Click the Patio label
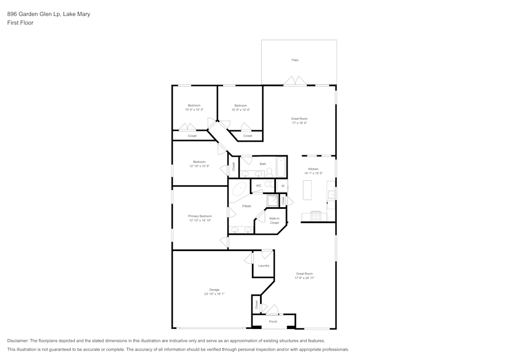(295, 60)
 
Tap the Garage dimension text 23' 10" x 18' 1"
(214, 294)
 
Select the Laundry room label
(264, 266)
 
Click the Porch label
(273, 321)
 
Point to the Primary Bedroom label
(200, 216)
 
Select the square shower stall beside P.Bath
(273, 201)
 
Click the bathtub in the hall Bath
(281, 167)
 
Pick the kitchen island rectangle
(307, 191)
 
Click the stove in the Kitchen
(316, 217)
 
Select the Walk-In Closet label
(274, 220)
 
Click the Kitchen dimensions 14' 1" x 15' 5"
(314, 173)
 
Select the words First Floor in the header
(20, 23)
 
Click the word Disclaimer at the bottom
(18, 341)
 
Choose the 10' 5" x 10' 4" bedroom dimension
(240, 109)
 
